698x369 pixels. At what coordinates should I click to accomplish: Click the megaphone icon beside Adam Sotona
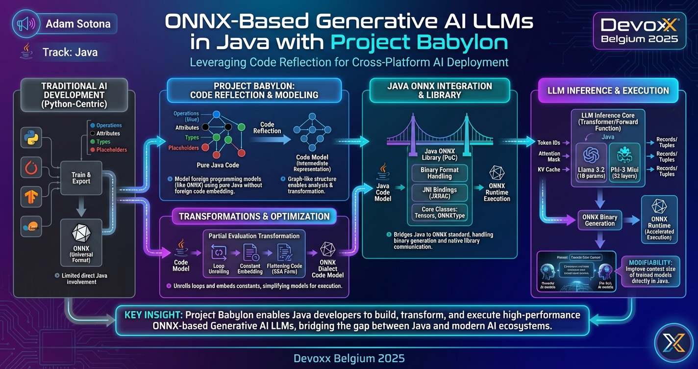(25, 24)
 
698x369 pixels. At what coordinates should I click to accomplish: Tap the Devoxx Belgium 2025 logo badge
(639, 30)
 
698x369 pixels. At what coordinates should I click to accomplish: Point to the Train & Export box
(81, 178)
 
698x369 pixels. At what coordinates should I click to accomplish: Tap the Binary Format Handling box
(439, 173)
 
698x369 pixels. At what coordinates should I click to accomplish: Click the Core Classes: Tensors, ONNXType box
(439, 213)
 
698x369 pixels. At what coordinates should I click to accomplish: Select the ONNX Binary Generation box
(599, 220)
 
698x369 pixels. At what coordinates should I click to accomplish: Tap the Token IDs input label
(549, 143)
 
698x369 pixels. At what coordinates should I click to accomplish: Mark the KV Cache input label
(548, 170)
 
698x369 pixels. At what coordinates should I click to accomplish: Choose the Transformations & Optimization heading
(254, 216)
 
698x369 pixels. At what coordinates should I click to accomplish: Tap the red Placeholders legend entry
(111, 150)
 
